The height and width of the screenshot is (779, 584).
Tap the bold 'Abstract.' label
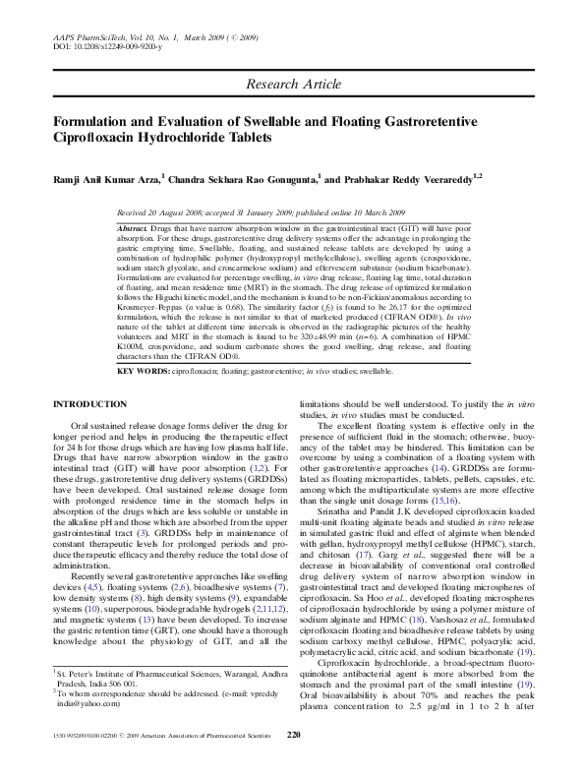point(134,227)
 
